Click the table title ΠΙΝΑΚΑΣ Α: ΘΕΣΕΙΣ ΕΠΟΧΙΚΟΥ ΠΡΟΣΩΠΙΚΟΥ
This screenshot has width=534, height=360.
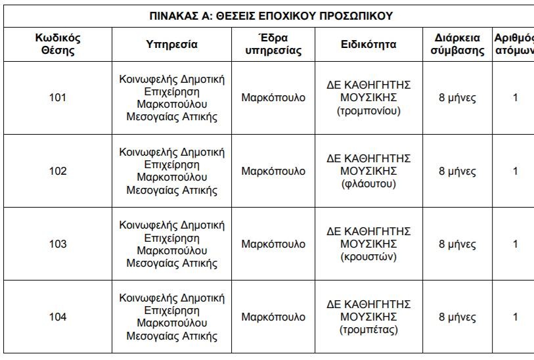271,16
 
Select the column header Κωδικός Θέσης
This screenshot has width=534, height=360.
58,45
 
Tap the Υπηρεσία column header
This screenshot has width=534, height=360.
171,45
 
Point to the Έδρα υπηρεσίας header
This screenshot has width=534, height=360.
273,45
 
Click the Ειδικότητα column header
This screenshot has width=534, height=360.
368,45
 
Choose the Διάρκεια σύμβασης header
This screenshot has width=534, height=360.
457,45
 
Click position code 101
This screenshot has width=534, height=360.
58,98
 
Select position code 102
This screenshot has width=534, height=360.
58,171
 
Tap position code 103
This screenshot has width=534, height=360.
58,244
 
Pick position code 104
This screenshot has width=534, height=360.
58,317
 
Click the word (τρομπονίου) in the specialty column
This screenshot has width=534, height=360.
368,111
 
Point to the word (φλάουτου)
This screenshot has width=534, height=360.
368,184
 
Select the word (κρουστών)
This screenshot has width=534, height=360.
368,257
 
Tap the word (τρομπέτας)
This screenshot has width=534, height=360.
368,330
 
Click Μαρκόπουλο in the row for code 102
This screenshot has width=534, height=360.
273,171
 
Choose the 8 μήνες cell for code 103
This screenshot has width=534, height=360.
457,244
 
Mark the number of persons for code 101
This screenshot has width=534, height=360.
515,98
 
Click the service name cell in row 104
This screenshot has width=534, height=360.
171,317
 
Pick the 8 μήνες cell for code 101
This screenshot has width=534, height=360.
457,98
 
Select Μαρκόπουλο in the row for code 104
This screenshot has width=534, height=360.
273,317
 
